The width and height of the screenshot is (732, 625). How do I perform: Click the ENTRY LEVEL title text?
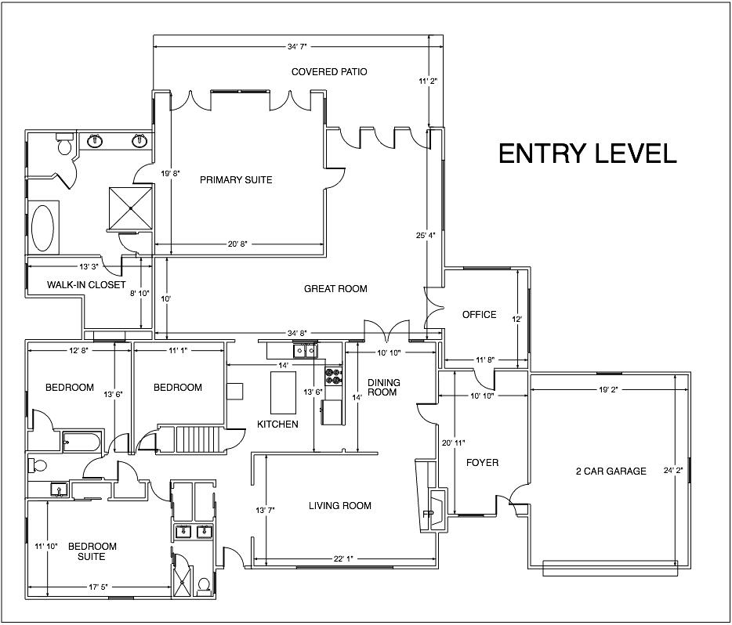pyautogui.click(x=588, y=154)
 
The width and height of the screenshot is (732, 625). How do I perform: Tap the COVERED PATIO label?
pyautogui.click(x=329, y=72)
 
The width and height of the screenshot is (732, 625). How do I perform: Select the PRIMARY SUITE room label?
pyautogui.click(x=236, y=180)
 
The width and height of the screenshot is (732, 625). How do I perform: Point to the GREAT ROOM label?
pyautogui.click(x=335, y=289)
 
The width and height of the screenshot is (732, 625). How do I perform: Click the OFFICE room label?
pyautogui.click(x=479, y=315)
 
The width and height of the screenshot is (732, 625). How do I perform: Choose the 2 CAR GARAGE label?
pyautogui.click(x=611, y=471)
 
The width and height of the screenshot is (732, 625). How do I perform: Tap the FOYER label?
pyautogui.click(x=482, y=463)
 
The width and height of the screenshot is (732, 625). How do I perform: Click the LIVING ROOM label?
pyautogui.click(x=340, y=506)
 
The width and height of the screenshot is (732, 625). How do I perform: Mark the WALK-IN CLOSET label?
pyautogui.click(x=86, y=284)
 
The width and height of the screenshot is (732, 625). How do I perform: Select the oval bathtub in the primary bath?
pyautogui.click(x=42, y=228)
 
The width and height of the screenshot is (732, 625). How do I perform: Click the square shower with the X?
pyautogui.click(x=131, y=208)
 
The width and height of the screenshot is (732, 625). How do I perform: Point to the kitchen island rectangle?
pyautogui.click(x=284, y=392)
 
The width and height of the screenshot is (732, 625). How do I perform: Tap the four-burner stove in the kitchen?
pyautogui.click(x=334, y=377)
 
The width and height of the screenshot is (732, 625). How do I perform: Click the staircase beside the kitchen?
pyautogui.click(x=197, y=439)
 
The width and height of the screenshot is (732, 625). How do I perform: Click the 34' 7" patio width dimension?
pyautogui.click(x=297, y=47)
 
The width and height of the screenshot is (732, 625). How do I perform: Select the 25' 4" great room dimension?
pyautogui.click(x=426, y=236)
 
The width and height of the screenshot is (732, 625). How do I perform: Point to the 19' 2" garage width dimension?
pyautogui.click(x=608, y=390)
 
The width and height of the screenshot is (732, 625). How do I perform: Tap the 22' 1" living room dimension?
pyautogui.click(x=343, y=558)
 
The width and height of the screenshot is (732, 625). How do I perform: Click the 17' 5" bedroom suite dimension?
pyautogui.click(x=98, y=587)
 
